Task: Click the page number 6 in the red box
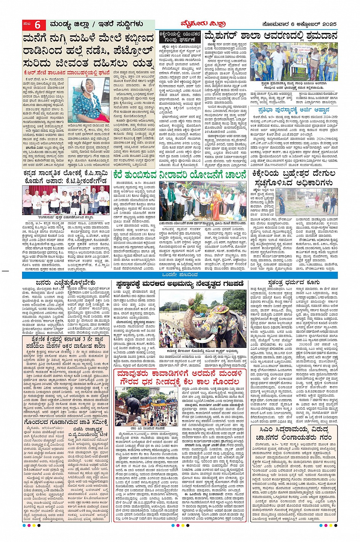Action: click(x=37, y=25)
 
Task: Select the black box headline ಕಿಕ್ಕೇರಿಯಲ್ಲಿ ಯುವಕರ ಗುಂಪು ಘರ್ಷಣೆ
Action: click(x=180, y=37)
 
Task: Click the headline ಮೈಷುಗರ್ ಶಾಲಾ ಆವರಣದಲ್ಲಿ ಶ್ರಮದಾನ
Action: click(x=271, y=36)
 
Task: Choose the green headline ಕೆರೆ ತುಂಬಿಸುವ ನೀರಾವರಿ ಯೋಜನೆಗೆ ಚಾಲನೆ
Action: click(x=180, y=175)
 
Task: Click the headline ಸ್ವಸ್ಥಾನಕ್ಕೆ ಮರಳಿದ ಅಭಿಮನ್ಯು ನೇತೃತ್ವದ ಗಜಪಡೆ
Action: click(x=180, y=284)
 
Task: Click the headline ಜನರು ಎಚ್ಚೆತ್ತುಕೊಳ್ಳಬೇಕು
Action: click(x=66, y=283)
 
